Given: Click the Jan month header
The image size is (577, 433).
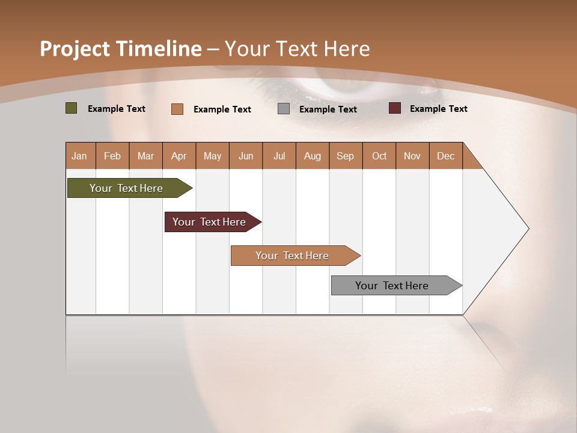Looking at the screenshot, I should point(79,156).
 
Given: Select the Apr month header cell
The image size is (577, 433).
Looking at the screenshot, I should point(179,156).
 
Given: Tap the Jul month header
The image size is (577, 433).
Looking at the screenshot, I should point(279,156).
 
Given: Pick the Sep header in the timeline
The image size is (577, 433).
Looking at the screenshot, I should point(345,156).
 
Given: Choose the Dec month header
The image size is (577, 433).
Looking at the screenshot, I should point(445,156).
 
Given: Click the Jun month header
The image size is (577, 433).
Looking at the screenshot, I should point(245,156).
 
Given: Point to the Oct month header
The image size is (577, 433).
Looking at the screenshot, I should point(379,156).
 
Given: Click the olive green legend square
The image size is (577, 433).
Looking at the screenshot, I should point(71,108).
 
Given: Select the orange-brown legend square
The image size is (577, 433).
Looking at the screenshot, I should point(177,109).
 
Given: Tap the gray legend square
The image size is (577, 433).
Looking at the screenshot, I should point(284,109).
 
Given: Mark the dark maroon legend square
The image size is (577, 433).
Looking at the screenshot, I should point(394,108).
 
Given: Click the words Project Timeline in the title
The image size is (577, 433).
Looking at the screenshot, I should point(120,49).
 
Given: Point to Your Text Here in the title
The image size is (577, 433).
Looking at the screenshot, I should point(297,49).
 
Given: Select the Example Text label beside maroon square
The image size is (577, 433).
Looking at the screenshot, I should point(438,109).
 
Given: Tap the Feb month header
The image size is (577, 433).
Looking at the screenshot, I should point(112,156).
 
